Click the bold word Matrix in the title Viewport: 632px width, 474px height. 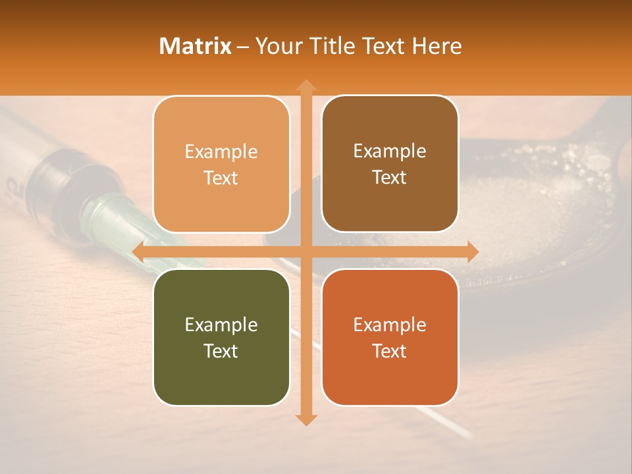tap(196, 46)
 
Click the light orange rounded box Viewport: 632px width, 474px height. tap(221, 164)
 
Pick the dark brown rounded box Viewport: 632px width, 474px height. tap(390, 164)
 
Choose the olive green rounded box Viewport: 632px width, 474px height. tap(221, 337)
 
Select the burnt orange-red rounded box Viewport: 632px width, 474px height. tap(390, 337)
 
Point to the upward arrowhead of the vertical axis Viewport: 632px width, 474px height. tap(305, 85)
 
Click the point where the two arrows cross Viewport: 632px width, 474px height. tap(305, 251)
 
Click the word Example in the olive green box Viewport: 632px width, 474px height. tap(221, 325)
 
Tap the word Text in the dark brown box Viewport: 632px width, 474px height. tap(390, 177)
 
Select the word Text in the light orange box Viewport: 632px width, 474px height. tap(221, 178)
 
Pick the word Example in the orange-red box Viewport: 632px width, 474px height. tap(390, 325)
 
